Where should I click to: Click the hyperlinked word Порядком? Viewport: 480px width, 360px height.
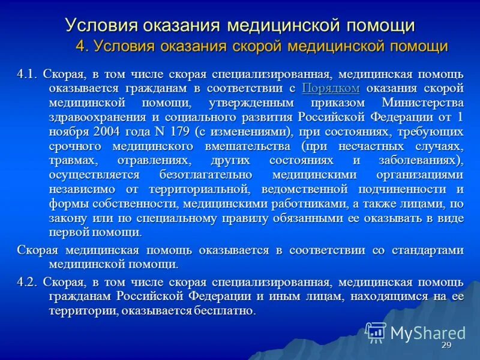[331, 88]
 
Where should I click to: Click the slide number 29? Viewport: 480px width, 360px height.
[446, 346]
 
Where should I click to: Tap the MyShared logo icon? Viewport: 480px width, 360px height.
[376, 332]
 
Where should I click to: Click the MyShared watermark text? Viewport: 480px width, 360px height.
[428, 333]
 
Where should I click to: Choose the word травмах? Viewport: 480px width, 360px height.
[72, 160]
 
